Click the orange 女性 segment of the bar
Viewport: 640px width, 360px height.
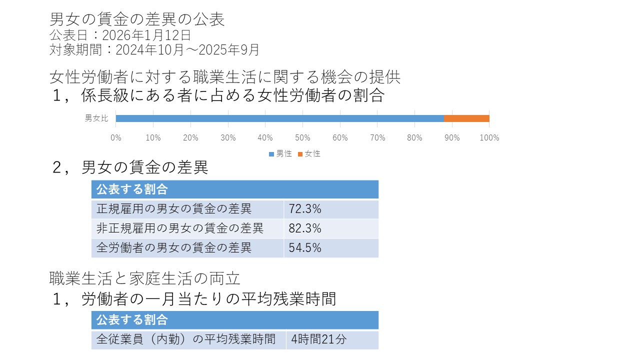pyautogui.click(x=466, y=118)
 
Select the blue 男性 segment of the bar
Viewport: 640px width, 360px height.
pyautogui.click(x=279, y=118)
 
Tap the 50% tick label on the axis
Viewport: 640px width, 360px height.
pyautogui.click(x=302, y=138)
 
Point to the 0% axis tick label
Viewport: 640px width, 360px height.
pyautogui.click(x=116, y=138)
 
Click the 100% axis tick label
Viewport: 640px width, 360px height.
pyautogui.click(x=489, y=138)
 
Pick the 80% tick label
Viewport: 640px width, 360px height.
pyautogui.click(x=414, y=138)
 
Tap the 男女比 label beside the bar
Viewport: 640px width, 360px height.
pyautogui.click(x=96, y=118)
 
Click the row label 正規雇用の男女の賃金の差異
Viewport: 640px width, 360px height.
pyautogui.click(x=174, y=209)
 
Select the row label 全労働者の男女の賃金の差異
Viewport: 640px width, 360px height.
pyautogui.click(x=174, y=247)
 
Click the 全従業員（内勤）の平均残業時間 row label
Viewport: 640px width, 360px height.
pyautogui.click(x=186, y=339)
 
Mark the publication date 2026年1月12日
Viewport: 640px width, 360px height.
pyautogui.click(x=146, y=35)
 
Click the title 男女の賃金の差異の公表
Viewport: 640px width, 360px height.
pyautogui.click(x=137, y=19)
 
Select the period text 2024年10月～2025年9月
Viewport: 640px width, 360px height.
pyautogui.click(x=187, y=50)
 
